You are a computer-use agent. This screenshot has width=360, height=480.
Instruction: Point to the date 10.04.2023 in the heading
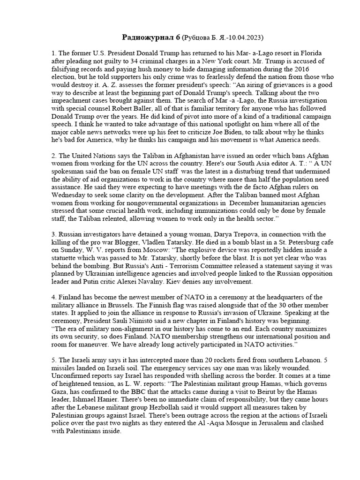point(251,37)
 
